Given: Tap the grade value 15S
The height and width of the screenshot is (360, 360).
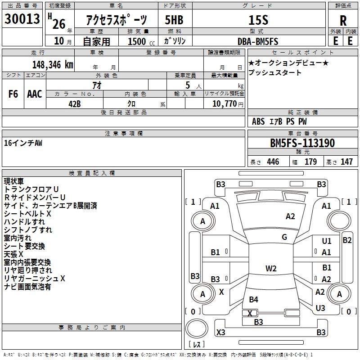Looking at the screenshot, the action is tap(258, 20).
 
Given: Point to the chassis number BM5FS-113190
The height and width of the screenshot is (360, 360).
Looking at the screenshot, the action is tap(302, 143).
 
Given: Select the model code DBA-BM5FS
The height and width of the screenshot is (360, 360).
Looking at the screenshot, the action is tap(258, 41).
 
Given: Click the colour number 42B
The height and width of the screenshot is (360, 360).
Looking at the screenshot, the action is tap(75, 103).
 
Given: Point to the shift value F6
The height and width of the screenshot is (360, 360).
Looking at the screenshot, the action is tap(13, 94).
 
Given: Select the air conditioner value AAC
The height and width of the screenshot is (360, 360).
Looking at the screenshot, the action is tap(34, 94).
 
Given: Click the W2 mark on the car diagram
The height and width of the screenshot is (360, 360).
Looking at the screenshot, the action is tap(271, 269).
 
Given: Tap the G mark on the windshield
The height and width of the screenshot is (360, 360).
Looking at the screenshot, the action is tap(284, 237).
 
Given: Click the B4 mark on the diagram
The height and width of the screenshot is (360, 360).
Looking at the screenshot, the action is tap(254, 299).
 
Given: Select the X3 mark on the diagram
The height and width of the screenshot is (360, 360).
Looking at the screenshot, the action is tap(220, 333).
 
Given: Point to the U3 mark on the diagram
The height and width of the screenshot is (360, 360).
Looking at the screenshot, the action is tap(320, 308).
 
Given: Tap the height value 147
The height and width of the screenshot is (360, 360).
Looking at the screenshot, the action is tap(346, 162).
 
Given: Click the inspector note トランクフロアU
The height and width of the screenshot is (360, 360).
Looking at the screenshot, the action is tap(31, 189).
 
